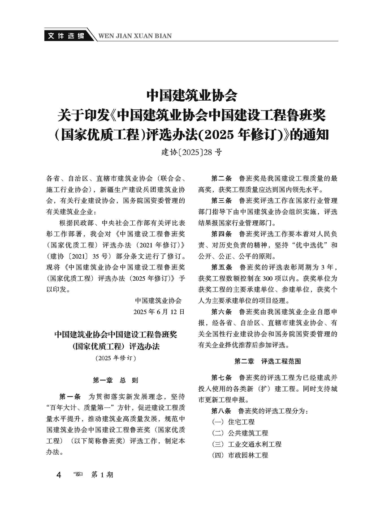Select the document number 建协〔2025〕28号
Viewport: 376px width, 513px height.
point(191,152)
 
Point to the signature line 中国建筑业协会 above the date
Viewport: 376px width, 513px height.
point(158,300)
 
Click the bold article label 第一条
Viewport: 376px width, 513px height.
point(69,397)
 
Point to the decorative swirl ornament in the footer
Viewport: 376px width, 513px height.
point(78,475)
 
